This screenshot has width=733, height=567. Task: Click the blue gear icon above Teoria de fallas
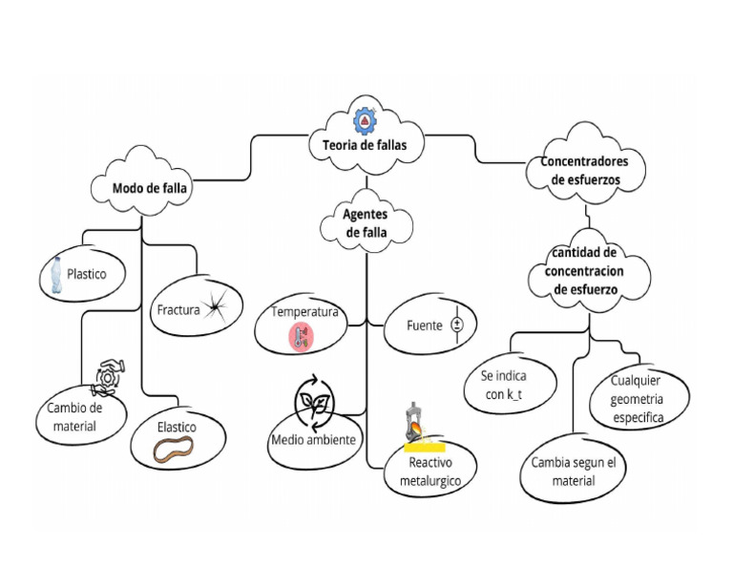coord(366,120)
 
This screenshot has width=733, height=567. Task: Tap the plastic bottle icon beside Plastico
coord(56,275)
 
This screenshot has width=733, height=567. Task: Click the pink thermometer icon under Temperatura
coord(302,338)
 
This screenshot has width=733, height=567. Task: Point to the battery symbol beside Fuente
coord(457,325)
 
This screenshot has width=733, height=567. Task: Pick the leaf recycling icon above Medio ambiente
coord(314,403)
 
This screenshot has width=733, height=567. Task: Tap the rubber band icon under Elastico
coord(174,450)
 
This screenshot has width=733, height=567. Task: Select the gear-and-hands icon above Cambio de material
coord(109,377)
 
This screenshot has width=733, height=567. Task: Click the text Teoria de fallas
coord(365,145)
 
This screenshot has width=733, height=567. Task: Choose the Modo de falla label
coord(150,188)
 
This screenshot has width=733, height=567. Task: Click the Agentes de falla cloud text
coord(366,223)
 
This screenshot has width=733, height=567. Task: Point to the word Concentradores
coord(584,161)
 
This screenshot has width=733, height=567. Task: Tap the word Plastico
coord(87,274)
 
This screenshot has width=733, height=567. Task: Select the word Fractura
coord(178,310)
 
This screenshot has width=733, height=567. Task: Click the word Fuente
coord(425,325)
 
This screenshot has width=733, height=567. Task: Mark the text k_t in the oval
coord(514,395)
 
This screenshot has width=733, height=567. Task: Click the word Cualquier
coord(636,381)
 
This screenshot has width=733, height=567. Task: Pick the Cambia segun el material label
coord(574,472)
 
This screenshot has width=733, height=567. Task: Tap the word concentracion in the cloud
coord(584,272)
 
